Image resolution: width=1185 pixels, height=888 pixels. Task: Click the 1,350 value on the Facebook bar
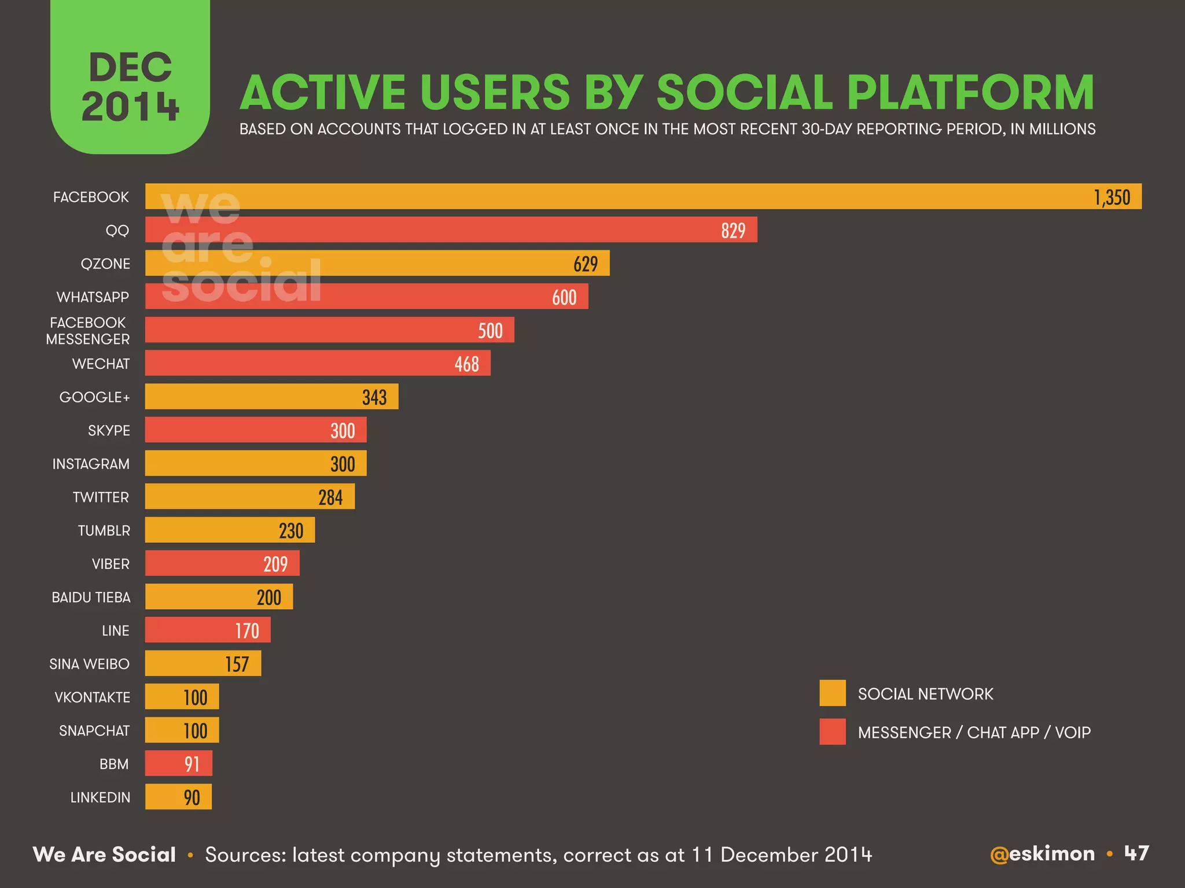1112,198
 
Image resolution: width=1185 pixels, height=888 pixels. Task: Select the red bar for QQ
451,230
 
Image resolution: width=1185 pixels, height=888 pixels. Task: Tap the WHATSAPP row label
93,297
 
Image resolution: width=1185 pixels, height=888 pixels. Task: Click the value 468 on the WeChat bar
466,364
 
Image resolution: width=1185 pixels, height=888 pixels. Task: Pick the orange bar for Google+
271,397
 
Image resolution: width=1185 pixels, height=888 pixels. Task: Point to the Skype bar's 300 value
343,431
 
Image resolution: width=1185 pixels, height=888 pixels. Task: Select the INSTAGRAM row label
91,464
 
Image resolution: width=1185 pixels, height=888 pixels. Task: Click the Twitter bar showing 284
249,497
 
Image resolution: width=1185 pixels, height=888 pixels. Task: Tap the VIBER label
111,564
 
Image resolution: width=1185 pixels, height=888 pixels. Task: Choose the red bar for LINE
207,630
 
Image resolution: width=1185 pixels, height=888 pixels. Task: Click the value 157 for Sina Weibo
237,664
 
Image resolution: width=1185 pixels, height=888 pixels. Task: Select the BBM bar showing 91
178,764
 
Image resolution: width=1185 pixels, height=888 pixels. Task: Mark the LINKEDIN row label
100,798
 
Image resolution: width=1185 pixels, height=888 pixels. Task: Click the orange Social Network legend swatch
832,693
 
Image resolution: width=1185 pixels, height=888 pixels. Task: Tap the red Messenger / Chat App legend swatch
832,732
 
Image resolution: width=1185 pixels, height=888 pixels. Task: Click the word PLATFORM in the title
970,92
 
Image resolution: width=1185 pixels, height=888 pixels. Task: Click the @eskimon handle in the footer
1042,854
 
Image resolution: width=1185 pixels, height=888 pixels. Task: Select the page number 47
1136,853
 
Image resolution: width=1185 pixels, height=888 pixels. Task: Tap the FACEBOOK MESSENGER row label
88,331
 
